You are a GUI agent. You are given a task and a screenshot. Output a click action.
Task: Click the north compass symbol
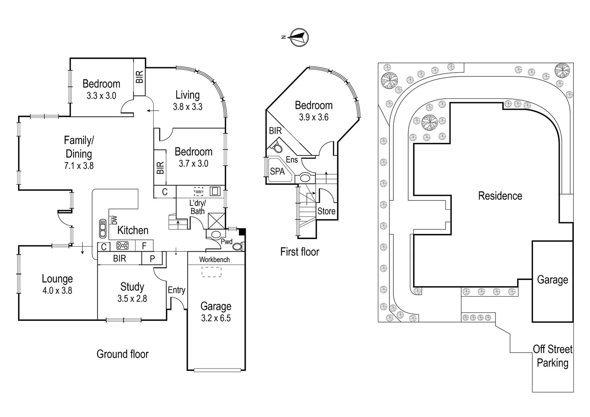(299, 37)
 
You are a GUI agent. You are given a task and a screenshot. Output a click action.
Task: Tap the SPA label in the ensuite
(277, 171)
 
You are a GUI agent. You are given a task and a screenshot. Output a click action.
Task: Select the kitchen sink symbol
(102, 229)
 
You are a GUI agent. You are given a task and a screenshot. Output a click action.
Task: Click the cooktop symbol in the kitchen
(122, 246)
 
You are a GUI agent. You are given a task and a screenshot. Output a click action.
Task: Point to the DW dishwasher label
(114, 220)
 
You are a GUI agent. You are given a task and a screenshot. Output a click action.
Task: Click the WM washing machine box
(198, 192)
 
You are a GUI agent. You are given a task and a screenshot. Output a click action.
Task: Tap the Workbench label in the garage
(214, 260)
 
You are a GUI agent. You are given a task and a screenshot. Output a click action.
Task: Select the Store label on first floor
(326, 211)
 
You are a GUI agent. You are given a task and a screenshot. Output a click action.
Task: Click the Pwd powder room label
(226, 242)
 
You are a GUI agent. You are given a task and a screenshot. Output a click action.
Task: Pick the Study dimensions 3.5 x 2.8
(132, 298)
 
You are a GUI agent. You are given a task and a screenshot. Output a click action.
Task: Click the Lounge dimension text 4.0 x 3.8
(57, 290)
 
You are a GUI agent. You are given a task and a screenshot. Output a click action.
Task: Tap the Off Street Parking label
(553, 356)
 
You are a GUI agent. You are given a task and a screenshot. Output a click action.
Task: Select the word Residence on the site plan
(500, 196)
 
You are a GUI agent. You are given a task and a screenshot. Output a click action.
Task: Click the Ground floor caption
(122, 354)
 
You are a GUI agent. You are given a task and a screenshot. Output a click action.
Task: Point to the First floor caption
(299, 252)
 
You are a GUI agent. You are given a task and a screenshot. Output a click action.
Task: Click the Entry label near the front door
(176, 290)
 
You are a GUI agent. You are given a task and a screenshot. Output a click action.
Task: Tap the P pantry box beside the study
(152, 258)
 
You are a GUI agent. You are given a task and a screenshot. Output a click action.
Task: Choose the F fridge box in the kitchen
(144, 246)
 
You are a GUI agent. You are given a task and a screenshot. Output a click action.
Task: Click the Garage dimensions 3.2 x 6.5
(216, 318)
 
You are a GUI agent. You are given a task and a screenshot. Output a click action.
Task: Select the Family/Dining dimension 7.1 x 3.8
(79, 166)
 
